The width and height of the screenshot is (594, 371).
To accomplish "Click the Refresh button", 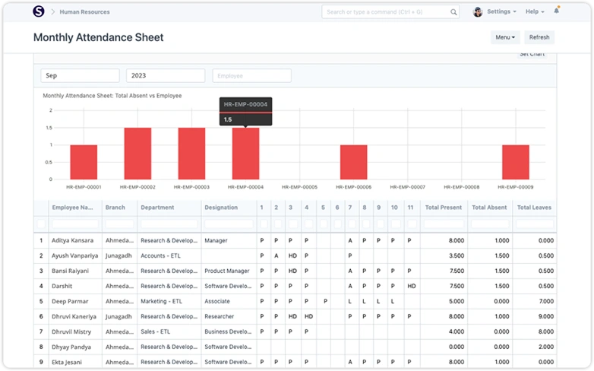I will (539, 37).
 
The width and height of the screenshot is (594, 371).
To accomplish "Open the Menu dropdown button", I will (505, 37).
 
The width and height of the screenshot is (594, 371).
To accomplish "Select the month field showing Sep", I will (80, 76).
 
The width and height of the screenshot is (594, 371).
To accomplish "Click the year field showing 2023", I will (166, 76).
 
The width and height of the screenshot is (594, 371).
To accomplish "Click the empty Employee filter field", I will (251, 76).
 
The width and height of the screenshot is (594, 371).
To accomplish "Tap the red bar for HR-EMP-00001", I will (84, 162).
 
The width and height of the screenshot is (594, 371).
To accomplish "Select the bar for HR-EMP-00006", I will (354, 162).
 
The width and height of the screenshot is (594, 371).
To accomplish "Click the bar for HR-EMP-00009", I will (516, 162).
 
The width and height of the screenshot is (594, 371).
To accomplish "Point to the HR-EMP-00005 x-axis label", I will (299, 187).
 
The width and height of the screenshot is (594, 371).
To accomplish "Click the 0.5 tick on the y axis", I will (50, 162).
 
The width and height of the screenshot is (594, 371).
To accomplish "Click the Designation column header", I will (221, 208).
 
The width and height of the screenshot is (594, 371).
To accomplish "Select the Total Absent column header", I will (489, 208).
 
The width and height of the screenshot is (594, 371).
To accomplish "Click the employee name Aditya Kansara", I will (73, 240).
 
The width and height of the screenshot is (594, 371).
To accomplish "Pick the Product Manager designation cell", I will (227, 271).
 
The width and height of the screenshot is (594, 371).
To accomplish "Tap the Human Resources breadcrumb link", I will (84, 12).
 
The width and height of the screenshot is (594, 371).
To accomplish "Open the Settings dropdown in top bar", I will (501, 12).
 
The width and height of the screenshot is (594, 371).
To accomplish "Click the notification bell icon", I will (557, 11).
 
